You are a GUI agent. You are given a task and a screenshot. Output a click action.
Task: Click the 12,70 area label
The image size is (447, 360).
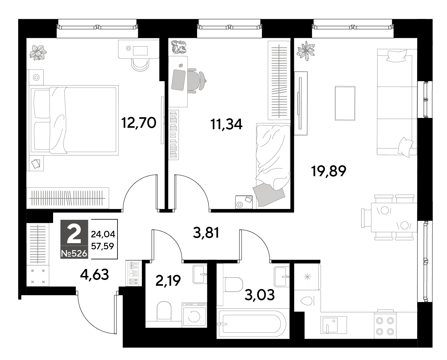tap(139, 123)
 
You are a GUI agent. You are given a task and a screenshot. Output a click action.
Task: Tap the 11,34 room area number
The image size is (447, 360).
tap(226, 124)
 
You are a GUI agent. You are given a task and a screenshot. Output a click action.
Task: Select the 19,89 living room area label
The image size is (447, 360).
tap(328, 171)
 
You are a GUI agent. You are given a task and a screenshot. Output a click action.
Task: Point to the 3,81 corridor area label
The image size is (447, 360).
tap(206, 233)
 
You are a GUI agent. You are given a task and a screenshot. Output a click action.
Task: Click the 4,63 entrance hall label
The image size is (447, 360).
tap(95, 274)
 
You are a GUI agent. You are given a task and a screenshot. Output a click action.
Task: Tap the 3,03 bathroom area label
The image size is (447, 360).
tap(260, 295)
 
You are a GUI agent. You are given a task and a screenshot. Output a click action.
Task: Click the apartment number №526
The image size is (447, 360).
tap(74, 254)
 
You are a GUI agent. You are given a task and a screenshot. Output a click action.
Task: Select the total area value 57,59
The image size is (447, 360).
tap(103, 246)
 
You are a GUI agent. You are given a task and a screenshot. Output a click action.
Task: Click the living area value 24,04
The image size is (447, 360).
tap(103, 234)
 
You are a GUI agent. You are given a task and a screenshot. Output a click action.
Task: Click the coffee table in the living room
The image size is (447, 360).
tap(345, 103)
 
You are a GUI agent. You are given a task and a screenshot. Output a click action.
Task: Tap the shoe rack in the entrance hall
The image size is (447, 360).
tap(133, 273)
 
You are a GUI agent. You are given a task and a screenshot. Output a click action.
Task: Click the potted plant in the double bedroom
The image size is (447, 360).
tap(38, 53)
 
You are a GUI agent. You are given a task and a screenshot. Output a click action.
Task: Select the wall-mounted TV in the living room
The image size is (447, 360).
tap(300, 103)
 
